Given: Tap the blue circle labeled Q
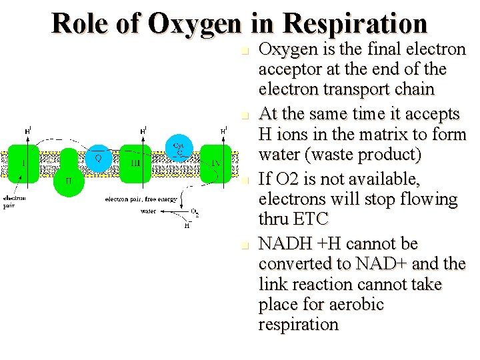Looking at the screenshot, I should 98,157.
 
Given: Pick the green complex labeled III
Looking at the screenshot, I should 135,163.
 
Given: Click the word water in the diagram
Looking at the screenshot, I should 149,211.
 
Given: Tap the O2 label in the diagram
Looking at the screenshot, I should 195,212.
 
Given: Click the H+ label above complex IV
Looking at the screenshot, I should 225,131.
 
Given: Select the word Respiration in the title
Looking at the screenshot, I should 355,23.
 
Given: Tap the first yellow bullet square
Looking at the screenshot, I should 245,51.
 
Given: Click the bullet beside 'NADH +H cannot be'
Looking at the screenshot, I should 245,245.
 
